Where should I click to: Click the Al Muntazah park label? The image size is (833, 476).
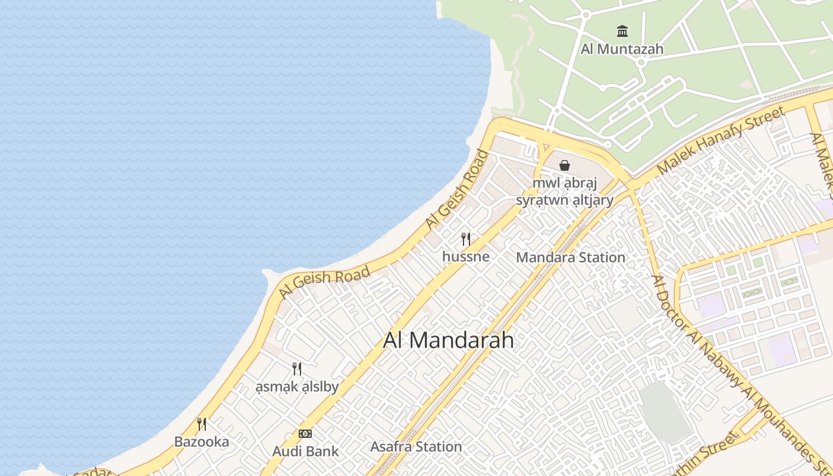coord(622,49)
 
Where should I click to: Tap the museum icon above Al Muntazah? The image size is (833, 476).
coord(622,31)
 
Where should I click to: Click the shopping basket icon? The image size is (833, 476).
coord(565,165)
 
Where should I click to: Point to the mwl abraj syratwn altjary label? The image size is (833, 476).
coord(565,192)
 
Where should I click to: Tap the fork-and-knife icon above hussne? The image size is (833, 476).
coord(466,239)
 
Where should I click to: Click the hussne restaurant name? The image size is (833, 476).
coord(466,256)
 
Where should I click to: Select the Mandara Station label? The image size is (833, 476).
coord(571,258)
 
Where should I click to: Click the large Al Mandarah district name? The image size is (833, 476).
coord(449,340)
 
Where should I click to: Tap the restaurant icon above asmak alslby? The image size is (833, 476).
coord(297,369)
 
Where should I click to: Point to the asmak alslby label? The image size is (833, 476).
coord(297,387)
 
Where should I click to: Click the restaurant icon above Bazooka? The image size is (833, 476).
coord(202,424)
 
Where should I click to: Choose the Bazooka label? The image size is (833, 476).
coord(202,441)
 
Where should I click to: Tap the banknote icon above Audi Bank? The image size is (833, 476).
coord(305,434)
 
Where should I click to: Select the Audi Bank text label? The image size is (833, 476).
coord(305,451)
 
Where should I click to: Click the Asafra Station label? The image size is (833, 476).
coord(416,446)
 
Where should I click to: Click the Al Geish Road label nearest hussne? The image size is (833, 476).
coord(457,189)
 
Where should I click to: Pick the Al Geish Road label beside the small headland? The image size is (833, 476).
coord(324,281)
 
